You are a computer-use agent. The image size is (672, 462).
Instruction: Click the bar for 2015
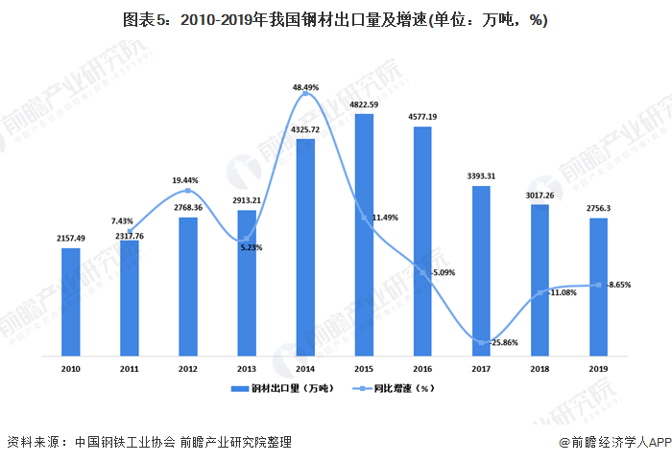[364, 236]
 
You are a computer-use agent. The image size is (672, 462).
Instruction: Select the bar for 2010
[71, 303]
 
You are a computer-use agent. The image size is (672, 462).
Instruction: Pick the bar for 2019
[598, 288]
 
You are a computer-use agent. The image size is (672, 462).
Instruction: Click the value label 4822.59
[364, 104]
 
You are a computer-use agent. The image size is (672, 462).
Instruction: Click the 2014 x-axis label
[305, 368]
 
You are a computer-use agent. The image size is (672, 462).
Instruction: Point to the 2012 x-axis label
[188, 368]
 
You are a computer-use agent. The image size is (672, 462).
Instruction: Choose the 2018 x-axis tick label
[540, 368]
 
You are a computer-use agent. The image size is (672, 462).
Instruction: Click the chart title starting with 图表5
[335, 20]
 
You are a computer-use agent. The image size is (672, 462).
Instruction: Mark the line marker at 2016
[422, 271]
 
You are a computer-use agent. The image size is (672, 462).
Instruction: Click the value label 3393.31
[481, 175]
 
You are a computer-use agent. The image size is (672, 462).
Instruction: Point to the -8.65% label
[618, 285]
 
